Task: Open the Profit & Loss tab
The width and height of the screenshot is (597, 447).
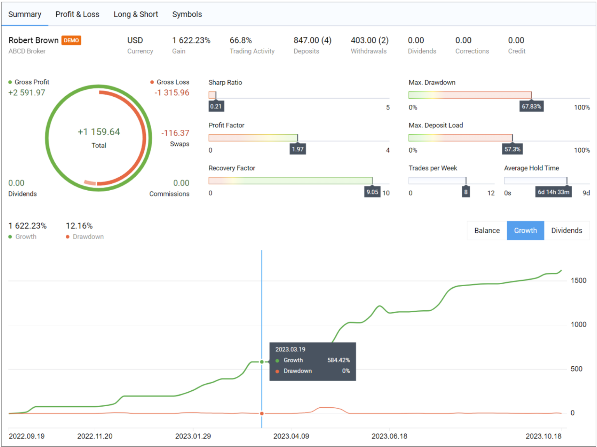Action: (77, 14)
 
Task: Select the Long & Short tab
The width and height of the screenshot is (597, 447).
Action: (136, 14)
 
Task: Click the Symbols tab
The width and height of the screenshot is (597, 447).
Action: (187, 14)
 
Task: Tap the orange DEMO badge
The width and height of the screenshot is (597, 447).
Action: (72, 40)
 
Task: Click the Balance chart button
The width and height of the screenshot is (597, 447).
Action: (487, 231)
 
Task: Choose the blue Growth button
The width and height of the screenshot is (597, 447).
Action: (525, 231)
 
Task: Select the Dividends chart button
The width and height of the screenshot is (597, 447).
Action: (566, 231)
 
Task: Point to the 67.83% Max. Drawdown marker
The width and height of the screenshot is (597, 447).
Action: (531, 106)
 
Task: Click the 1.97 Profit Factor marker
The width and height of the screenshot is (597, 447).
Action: (298, 149)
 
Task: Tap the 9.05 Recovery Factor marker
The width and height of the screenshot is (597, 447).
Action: (372, 192)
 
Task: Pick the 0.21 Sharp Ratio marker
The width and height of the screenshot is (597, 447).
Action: (216, 106)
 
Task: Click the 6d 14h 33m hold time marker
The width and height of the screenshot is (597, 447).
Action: (553, 192)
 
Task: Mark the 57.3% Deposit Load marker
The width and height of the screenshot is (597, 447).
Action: (512, 149)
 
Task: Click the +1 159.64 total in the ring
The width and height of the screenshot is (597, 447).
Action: (99, 132)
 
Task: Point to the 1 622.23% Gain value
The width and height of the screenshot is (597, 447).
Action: (191, 40)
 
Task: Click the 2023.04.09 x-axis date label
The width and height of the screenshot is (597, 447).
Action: (291, 436)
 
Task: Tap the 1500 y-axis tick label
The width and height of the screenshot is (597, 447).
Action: (578, 280)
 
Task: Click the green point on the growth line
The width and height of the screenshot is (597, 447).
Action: (262, 362)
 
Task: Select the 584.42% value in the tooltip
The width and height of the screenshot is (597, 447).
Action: (338, 360)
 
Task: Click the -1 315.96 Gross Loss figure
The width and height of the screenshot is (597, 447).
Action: (172, 93)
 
